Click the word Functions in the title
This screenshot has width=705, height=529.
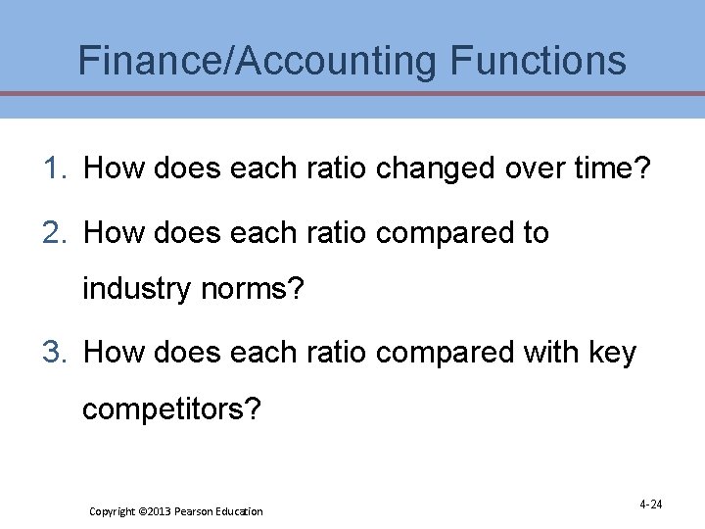coord(538,61)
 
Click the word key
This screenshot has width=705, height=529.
coord(613,352)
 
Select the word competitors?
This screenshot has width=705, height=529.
coord(172,408)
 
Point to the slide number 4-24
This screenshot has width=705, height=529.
coord(650,505)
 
